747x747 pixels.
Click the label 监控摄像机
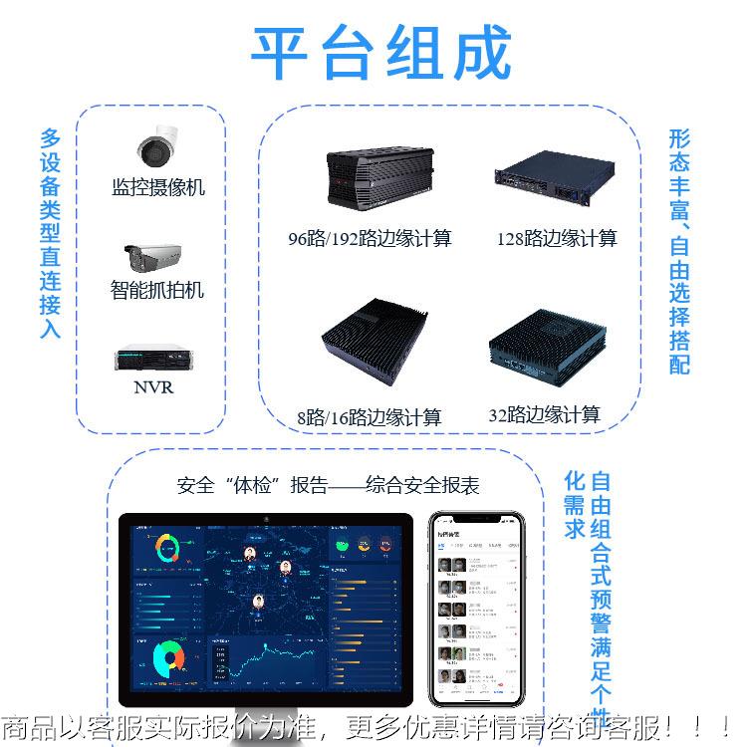click(x=158, y=187)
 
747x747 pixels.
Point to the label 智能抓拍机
click(x=157, y=290)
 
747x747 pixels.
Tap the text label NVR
click(x=153, y=387)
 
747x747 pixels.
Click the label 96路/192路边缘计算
click(x=370, y=239)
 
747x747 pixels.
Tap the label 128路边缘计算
click(x=557, y=239)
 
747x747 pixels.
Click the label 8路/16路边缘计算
click(x=369, y=417)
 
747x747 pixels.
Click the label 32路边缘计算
click(x=544, y=415)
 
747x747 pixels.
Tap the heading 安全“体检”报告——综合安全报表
click(x=328, y=486)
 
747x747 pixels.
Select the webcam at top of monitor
click(x=266, y=519)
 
